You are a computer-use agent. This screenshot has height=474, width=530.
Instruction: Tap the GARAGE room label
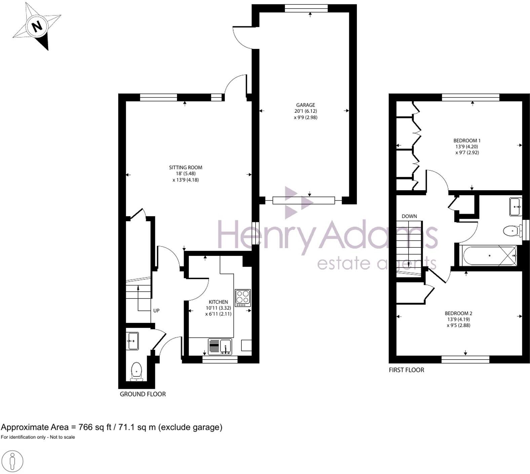coord(305,105)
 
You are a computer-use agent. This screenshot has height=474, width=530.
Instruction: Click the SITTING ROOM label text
coord(186,167)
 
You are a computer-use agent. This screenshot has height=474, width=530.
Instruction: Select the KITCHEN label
coord(218,302)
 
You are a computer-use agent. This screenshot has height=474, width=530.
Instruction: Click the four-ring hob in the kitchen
coord(243,298)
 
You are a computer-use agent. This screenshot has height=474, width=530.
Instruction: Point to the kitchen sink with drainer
coord(220,347)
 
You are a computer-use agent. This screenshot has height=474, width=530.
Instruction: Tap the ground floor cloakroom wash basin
coord(132,341)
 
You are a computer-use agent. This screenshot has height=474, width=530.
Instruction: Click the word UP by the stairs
coord(156,311)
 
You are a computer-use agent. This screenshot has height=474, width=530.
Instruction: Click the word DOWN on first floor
coord(409,216)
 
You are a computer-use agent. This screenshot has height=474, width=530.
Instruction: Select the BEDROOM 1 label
coord(467,141)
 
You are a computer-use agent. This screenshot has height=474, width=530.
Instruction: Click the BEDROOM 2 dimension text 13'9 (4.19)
coord(458,319)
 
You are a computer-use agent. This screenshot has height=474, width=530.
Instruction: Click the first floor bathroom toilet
coord(512,231)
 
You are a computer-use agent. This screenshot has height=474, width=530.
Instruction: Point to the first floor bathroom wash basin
coord(516,207)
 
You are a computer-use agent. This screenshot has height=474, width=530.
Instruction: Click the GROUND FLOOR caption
coord(143,394)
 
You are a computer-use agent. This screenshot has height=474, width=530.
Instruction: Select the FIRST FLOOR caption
coord(406,370)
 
